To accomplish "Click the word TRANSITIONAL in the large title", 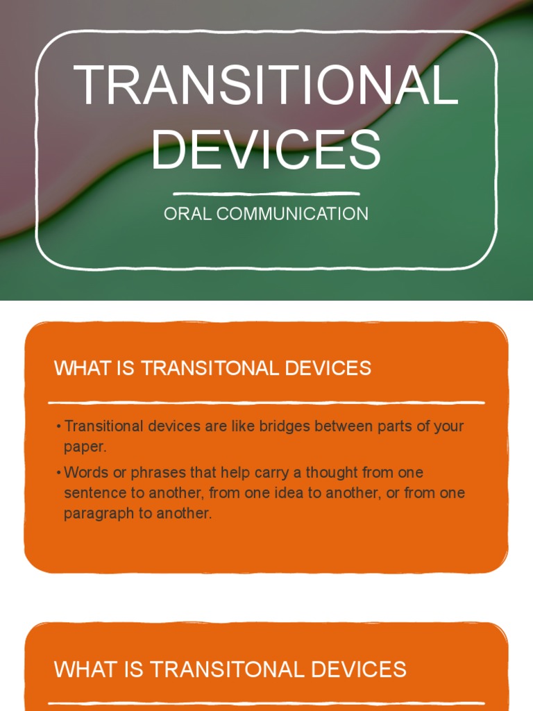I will [x=266, y=85].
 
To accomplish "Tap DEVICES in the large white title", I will [x=266, y=149].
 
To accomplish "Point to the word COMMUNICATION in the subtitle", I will [x=292, y=214].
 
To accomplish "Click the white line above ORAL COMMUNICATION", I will [x=266, y=194].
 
